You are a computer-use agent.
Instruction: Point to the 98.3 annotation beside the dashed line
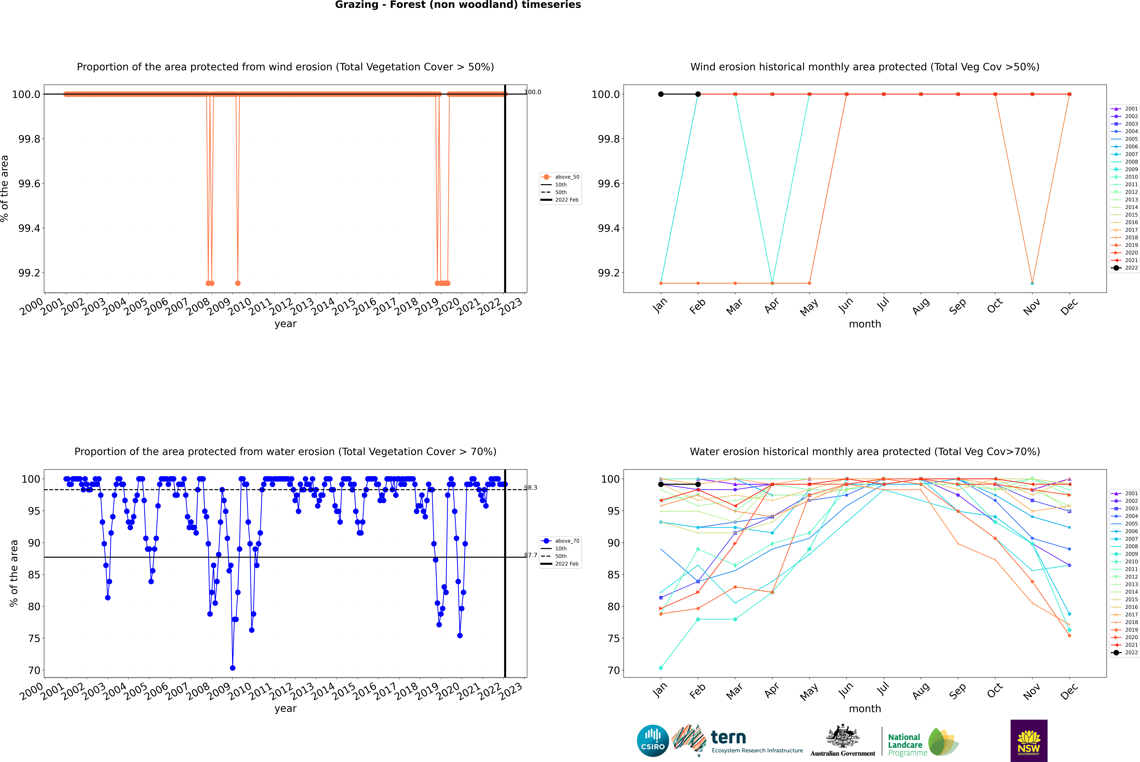click(x=531, y=487)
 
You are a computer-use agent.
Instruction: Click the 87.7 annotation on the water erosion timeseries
click(x=531, y=555)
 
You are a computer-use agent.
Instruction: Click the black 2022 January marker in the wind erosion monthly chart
click(x=661, y=94)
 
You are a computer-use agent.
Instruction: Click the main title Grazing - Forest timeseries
click(x=458, y=5)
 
